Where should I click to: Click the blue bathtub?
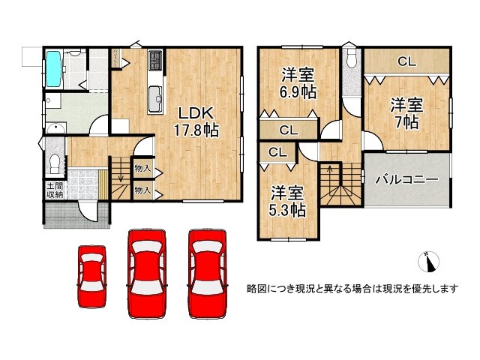[x=55, y=68]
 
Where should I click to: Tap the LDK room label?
[x=196, y=112]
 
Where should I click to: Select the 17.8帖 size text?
[x=197, y=130]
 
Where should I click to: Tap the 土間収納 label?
[x=54, y=190]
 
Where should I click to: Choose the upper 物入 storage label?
[x=142, y=169]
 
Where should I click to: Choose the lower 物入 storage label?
[x=142, y=190]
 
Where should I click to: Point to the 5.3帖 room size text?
[x=288, y=210]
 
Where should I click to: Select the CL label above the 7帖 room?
[x=407, y=62]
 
